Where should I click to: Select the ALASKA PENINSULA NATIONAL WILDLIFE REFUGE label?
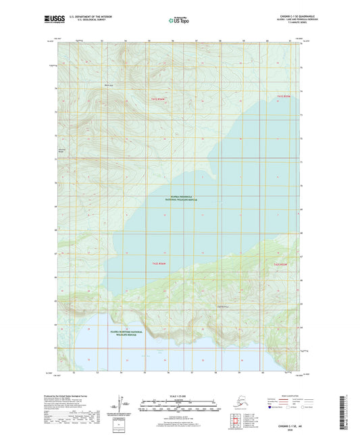click(180, 200)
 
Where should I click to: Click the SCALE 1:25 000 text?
click(180, 394)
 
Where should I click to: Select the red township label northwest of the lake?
click(157, 99)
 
